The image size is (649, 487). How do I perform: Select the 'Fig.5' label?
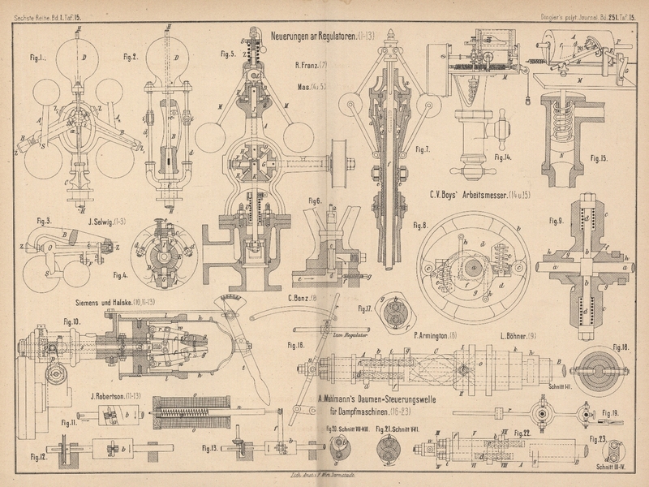coord(227,55)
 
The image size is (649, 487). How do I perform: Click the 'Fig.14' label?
coord(502,157)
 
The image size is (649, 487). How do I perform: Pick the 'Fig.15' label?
coord(600,157)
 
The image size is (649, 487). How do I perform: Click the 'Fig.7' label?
coord(419,149)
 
